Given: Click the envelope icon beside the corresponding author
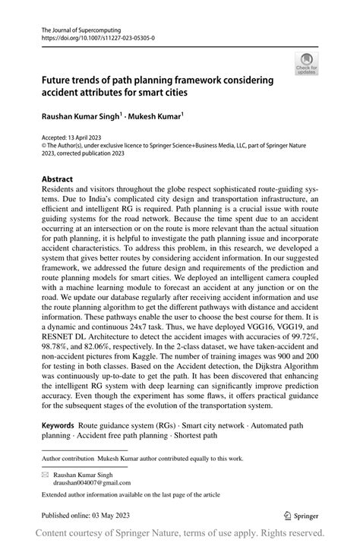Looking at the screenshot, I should pos(45,473).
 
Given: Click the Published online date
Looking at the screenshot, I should pos(84,516).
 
